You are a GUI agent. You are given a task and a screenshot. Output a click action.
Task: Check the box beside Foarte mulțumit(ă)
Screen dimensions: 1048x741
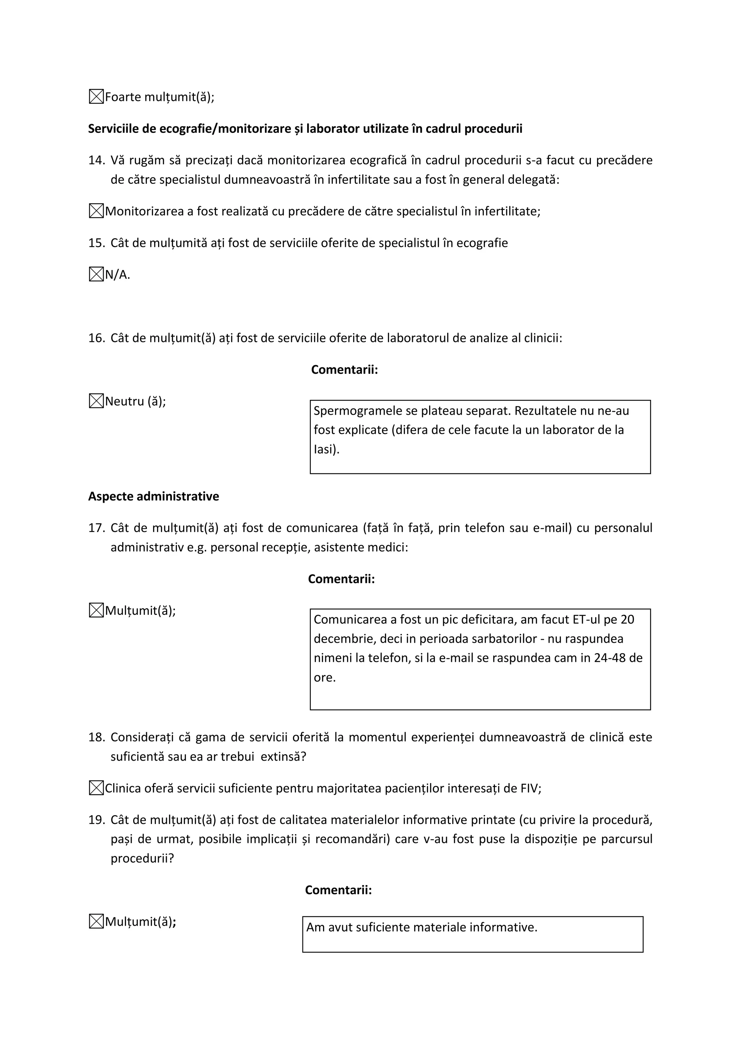click(96, 97)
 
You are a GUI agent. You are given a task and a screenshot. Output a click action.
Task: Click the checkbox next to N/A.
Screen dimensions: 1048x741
click(96, 274)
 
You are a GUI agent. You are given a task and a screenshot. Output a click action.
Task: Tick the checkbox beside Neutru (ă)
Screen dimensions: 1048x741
click(96, 401)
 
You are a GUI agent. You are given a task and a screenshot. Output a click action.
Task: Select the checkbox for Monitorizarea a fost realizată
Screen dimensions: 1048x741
click(96, 211)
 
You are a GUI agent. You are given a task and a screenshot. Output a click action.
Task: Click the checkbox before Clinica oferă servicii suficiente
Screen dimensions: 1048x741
click(96, 788)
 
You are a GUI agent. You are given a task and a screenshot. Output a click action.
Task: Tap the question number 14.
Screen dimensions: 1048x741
click(96, 160)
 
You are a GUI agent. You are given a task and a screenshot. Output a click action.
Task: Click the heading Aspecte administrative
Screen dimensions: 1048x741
click(153, 496)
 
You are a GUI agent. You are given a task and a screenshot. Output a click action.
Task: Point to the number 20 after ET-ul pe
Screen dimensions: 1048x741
click(627, 620)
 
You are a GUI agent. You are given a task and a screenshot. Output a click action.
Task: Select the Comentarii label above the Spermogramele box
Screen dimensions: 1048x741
click(344, 370)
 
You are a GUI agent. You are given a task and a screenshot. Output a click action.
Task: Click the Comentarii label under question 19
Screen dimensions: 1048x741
click(338, 890)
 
